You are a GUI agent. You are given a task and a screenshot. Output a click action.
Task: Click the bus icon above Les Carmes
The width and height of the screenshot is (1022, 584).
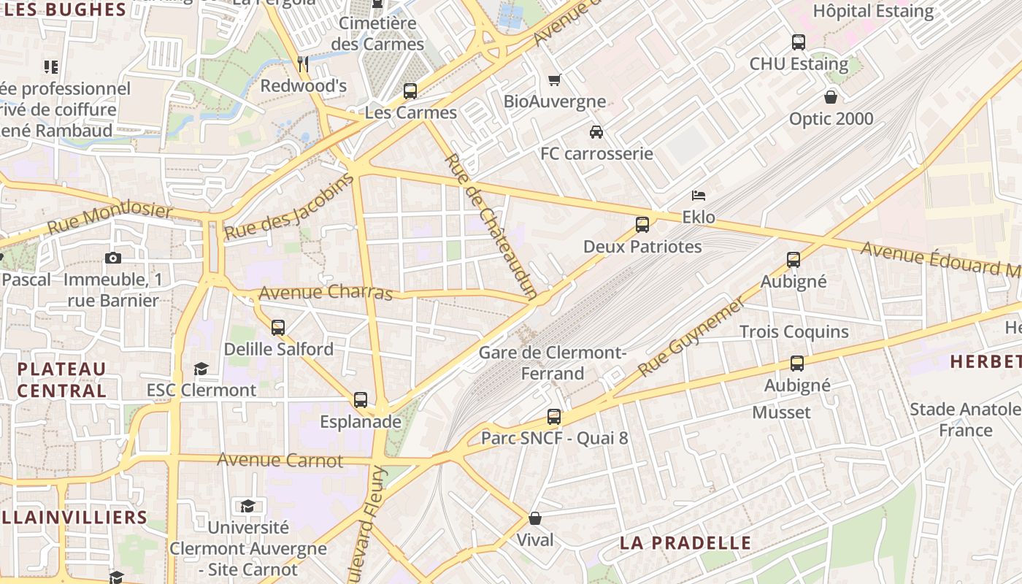click(410, 91)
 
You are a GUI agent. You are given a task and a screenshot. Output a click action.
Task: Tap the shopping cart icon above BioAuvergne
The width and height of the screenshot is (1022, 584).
click(555, 80)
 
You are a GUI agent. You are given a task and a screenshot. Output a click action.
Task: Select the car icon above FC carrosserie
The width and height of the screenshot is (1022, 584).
click(596, 132)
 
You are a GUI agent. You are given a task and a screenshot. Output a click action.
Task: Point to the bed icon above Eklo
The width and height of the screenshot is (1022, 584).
click(699, 196)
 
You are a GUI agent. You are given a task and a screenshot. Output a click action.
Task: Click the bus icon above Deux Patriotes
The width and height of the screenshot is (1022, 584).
click(642, 225)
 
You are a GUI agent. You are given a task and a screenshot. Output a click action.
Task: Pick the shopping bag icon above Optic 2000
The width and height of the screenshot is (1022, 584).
click(831, 96)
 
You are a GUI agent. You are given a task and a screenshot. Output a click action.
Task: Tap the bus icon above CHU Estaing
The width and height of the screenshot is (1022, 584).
click(799, 42)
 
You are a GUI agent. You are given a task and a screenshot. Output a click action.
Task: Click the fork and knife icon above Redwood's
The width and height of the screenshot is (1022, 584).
click(303, 64)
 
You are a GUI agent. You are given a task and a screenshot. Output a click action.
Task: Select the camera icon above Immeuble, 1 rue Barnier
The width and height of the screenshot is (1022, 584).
click(112, 258)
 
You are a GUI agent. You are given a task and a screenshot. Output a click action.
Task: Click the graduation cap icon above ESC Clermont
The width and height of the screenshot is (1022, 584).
click(201, 369)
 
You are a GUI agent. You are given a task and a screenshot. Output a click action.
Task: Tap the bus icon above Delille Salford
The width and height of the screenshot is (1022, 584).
click(278, 328)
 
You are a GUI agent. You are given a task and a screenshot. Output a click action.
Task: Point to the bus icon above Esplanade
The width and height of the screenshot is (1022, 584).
click(361, 400)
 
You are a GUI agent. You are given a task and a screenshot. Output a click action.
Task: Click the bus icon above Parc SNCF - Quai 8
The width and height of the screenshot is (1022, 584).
click(554, 417)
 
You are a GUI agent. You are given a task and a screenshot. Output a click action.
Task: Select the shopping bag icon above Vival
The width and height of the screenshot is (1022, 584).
click(535, 518)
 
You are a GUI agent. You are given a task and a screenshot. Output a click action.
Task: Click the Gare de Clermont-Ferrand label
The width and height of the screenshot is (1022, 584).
click(552, 363)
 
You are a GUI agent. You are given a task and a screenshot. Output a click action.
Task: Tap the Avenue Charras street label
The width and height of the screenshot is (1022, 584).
click(326, 293)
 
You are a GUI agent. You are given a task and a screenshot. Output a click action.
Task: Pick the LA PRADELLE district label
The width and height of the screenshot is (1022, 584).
click(685, 542)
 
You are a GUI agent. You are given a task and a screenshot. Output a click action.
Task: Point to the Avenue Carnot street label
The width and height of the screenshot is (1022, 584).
click(280, 460)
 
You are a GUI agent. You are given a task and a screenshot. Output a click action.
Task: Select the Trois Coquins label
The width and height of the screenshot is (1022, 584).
click(794, 332)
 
